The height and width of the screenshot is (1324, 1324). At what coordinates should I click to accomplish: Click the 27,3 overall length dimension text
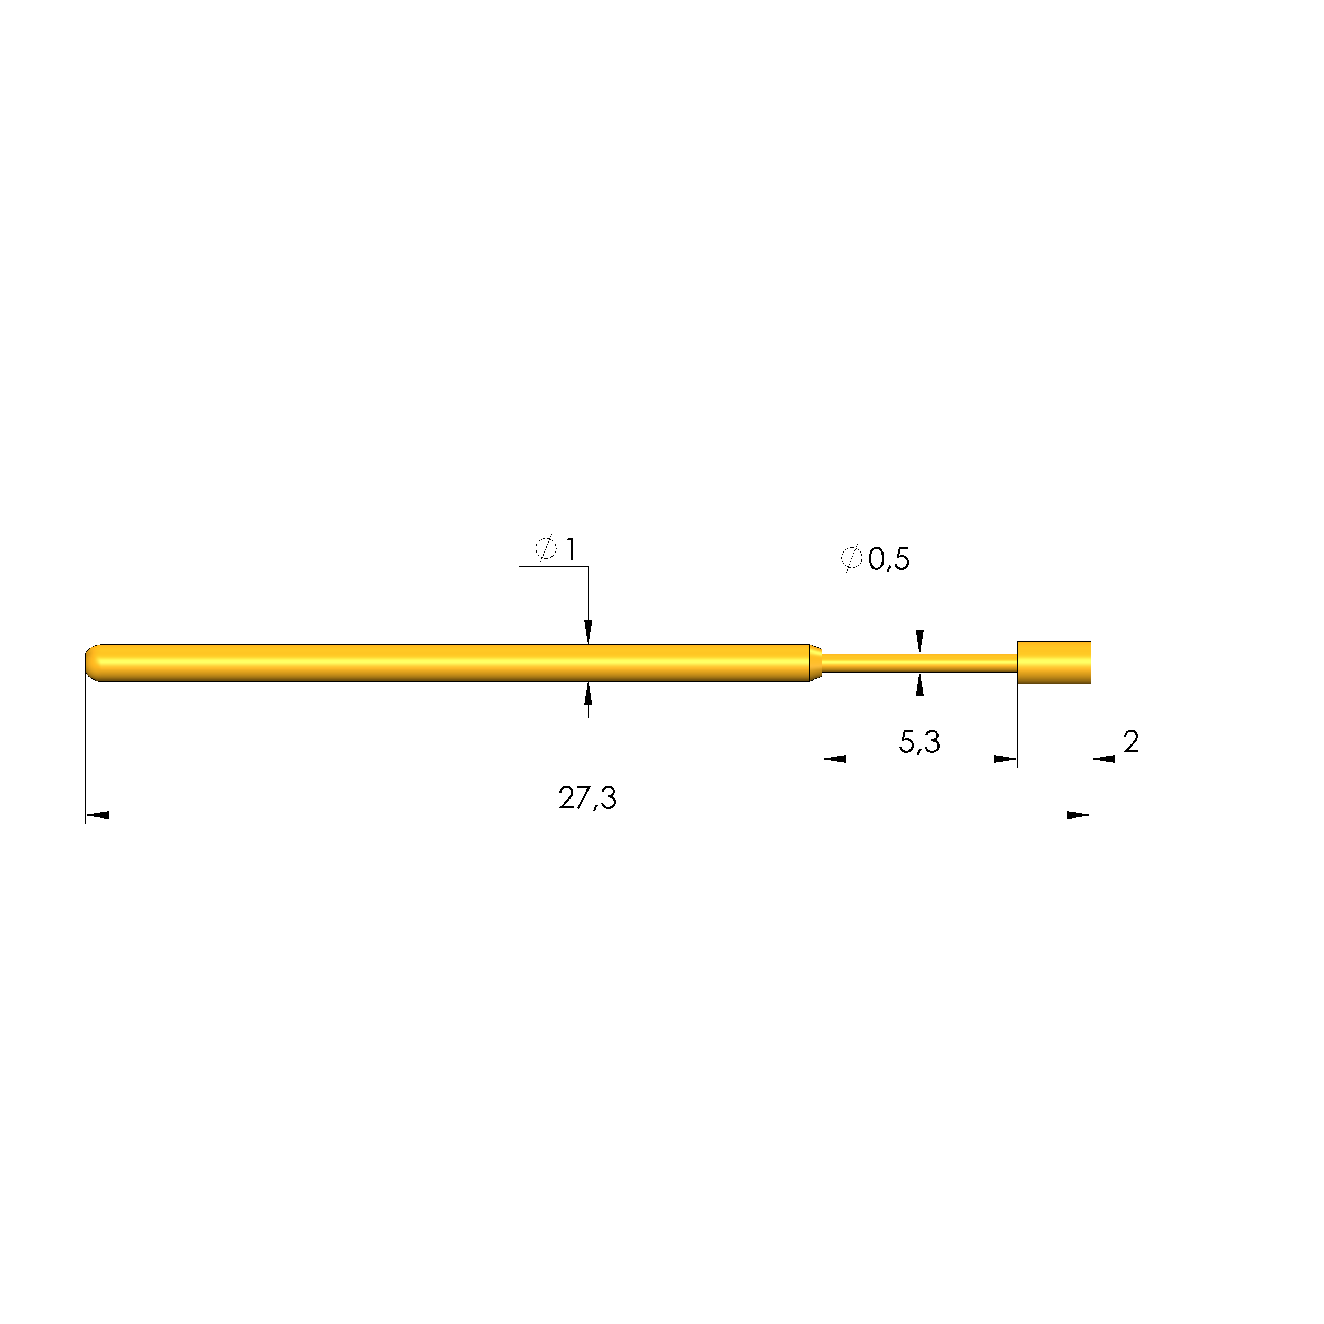coord(587,798)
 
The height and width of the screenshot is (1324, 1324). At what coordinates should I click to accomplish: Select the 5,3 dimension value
coord(919,742)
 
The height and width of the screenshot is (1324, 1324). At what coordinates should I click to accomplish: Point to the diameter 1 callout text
coord(555,549)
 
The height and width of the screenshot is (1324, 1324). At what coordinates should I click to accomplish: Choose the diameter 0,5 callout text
coord(875,558)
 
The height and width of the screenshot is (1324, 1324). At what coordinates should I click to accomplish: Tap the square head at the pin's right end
coord(1054,663)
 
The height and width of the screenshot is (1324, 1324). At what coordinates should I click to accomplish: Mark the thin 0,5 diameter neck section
coord(919,663)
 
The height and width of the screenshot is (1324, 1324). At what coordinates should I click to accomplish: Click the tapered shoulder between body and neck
coord(815,663)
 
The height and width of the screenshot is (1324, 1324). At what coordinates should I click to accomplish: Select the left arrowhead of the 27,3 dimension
coord(97,815)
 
